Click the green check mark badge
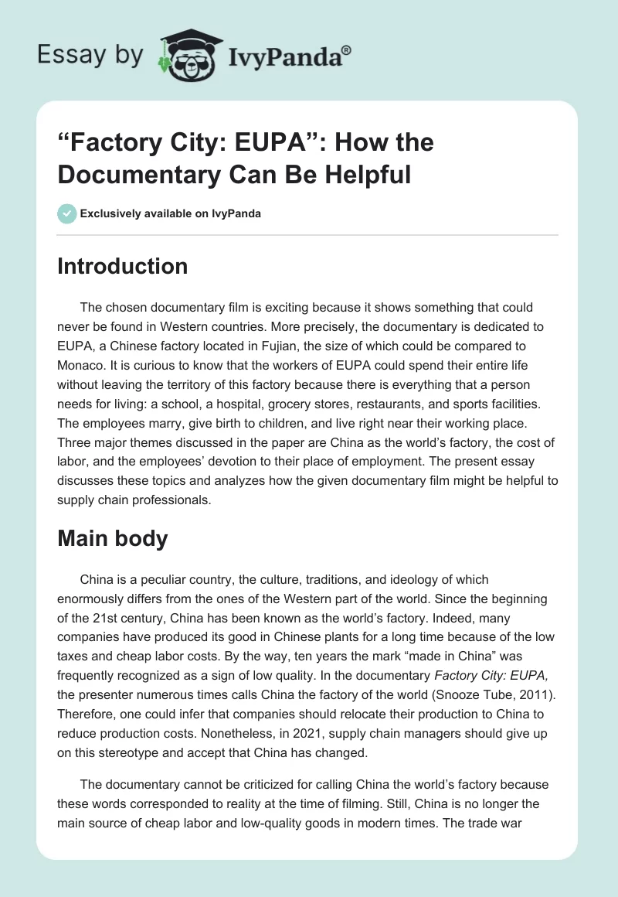(67, 213)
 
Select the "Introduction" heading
(123, 266)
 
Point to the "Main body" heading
(113, 538)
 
